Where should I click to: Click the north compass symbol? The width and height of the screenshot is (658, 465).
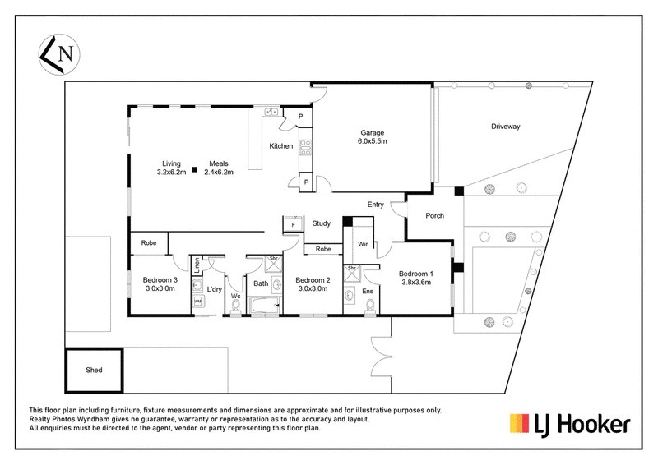point(59,54)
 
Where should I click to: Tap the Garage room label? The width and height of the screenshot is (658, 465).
point(373,132)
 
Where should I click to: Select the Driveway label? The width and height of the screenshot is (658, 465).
point(506,127)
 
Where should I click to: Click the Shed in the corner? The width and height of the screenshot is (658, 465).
point(94,371)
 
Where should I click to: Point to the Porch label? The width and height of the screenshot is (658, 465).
point(435,215)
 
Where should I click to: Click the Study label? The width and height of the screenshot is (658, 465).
point(322,223)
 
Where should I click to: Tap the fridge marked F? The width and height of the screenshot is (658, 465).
point(294,225)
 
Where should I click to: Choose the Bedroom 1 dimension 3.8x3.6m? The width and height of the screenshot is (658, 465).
point(416,282)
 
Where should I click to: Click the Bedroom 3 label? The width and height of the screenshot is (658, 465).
point(160,279)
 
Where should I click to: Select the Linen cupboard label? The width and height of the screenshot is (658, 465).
point(197,265)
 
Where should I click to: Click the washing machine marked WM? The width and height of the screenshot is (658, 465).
point(197,302)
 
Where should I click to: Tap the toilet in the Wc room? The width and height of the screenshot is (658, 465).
point(236,306)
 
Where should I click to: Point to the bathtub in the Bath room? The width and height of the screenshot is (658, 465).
point(265,305)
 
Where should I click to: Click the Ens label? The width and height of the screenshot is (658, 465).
point(368,291)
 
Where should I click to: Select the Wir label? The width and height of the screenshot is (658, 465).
point(363,244)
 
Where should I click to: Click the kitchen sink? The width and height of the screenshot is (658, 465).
point(271,113)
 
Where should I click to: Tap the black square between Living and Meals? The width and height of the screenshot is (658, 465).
point(195,169)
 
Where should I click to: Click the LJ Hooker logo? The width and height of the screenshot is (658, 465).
point(570,424)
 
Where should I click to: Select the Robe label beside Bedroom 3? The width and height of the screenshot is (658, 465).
point(149,243)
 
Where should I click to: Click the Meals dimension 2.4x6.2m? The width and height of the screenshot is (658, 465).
point(219,172)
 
